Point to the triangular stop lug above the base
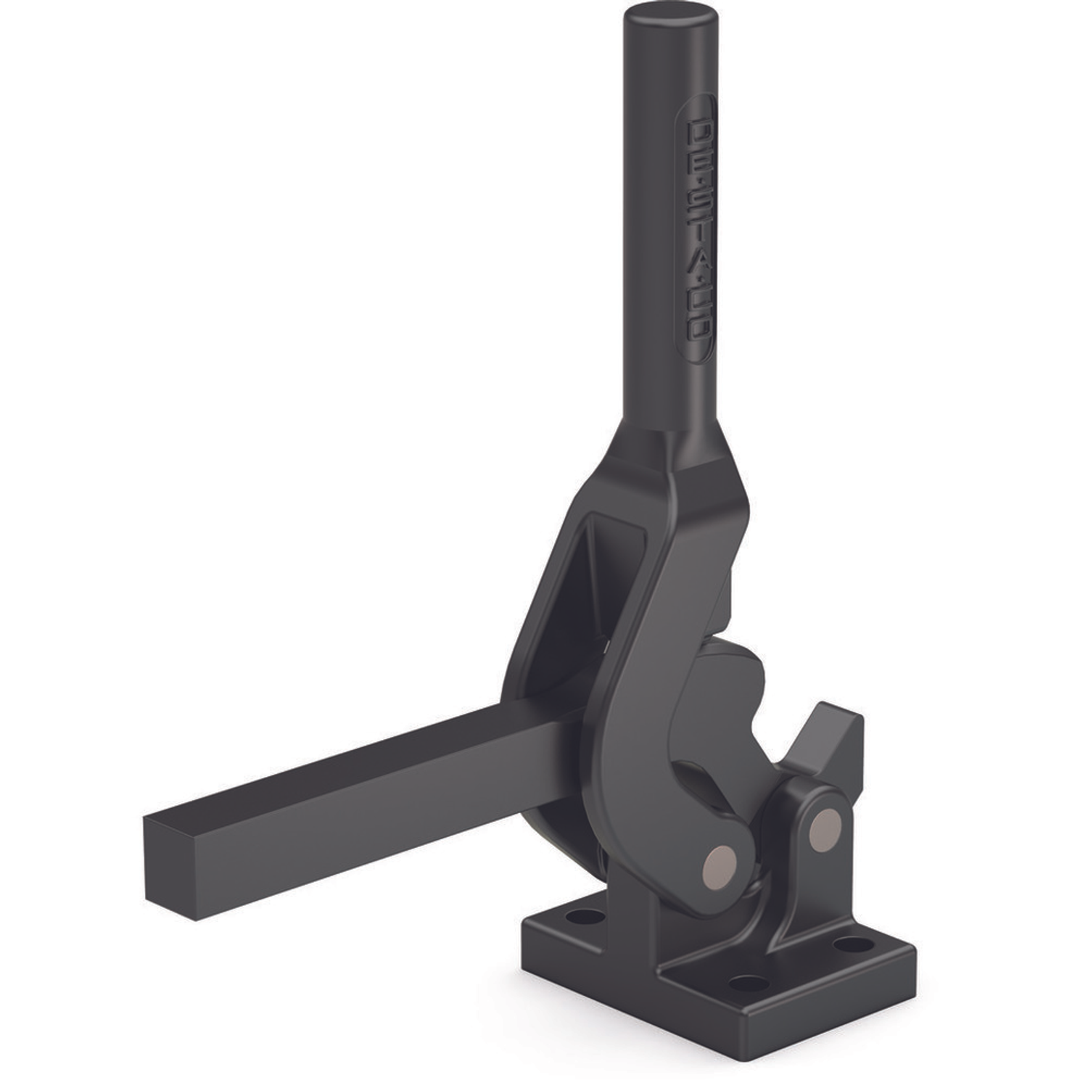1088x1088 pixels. pos(827,740)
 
